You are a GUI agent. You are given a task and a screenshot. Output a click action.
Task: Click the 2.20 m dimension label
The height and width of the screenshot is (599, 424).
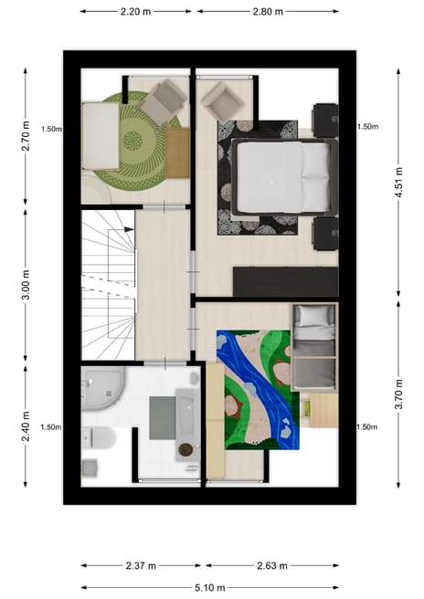[x=136, y=12]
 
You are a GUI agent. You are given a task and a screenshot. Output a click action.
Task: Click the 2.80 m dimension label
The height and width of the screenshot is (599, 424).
[x=267, y=12]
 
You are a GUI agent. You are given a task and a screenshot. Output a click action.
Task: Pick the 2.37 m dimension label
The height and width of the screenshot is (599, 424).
[x=143, y=565]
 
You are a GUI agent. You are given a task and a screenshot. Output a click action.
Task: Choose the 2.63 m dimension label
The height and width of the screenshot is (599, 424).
[x=271, y=565]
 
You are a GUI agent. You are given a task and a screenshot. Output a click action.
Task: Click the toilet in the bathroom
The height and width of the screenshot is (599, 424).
[x=100, y=439]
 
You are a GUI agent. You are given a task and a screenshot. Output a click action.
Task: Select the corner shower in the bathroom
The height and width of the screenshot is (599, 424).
[x=102, y=388]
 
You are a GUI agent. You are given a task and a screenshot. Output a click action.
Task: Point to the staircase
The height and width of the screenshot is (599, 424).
[x=107, y=284]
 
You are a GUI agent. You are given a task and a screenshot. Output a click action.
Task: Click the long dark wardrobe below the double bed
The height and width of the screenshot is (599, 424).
[x=284, y=280]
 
